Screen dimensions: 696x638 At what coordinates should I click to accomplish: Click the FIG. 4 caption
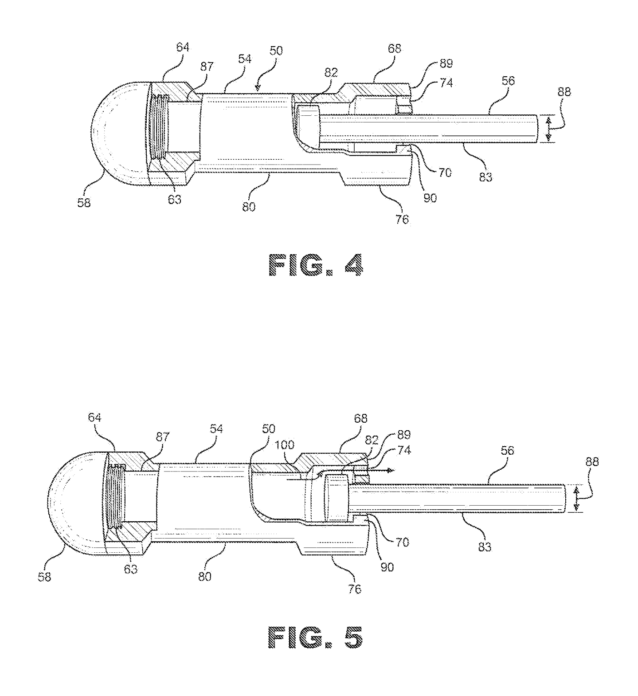pos(316,266)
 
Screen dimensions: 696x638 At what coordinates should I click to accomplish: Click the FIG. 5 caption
pos(316,637)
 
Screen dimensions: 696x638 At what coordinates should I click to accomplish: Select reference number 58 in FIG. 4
pos(84,202)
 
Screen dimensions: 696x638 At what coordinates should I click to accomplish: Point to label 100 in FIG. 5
pos(285,444)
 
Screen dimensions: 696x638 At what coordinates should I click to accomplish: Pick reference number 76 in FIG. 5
pos(355,588)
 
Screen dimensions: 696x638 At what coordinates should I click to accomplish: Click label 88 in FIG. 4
pos(564,92)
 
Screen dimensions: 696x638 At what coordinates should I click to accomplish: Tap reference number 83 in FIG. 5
pos(485,547)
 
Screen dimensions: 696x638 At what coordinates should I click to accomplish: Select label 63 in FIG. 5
pos(130,569)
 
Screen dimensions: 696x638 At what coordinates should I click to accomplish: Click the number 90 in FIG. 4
pos(430,198)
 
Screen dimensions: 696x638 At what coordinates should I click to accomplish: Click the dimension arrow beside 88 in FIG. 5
pos(577,498)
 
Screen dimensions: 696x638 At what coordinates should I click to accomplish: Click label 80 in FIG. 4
pos(249,207)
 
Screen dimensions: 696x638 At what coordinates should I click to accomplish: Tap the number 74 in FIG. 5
pos(404,451)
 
